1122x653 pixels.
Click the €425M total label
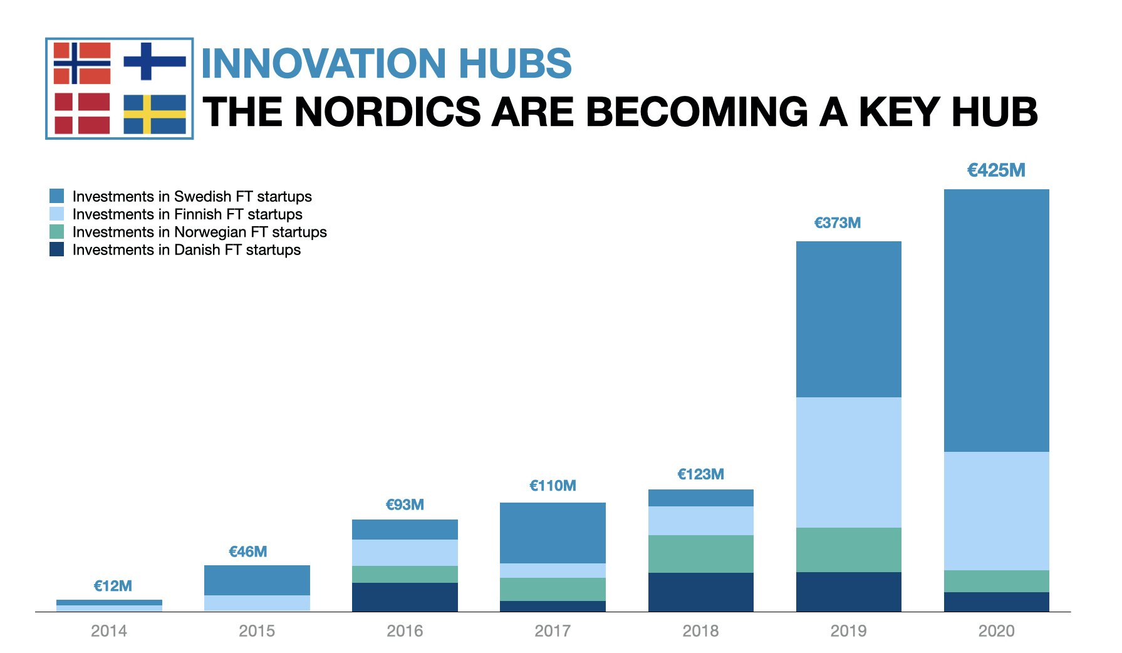(996, 170)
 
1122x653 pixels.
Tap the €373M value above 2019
(837, 223)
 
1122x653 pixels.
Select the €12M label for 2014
(113, 586)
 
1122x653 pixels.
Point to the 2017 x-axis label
(553, 630)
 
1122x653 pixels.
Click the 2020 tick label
(996, 630)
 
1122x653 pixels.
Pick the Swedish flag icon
(155, 114)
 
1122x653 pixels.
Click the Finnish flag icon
(154, 61)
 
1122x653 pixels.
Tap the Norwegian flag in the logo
(82, 63)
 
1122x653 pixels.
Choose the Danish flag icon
(82, 113)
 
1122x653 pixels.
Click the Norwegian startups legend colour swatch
(56, 232)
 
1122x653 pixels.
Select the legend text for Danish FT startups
(187, 250)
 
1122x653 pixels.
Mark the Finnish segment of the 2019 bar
(848, 462)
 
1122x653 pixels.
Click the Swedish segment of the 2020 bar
(996, 320)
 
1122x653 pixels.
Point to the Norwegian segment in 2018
(700, 554)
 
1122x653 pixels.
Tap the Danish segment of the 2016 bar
(405, 597)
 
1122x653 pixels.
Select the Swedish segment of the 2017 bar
(553, 533)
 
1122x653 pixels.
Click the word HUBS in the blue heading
(515, 63)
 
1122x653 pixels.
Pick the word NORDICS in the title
(387, 112)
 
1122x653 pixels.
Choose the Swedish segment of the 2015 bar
(257, 580)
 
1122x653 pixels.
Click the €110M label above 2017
(553, 486)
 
